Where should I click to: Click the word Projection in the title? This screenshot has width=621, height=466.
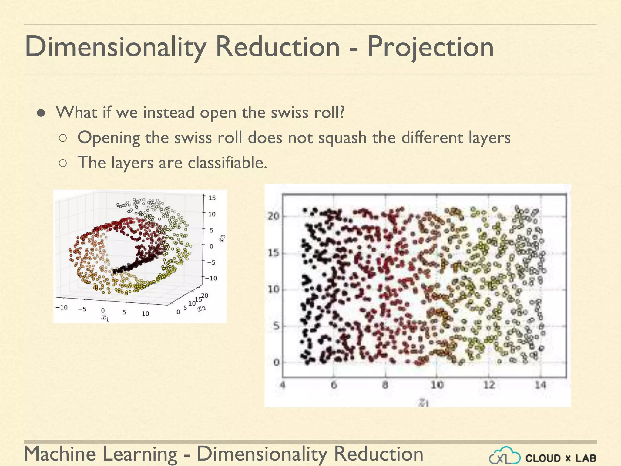[431, 47]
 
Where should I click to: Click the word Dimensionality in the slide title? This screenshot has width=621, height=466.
[115, 47]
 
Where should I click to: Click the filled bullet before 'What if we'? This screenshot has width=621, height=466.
[41, 113]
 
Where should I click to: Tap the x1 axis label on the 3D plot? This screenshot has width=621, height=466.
[105, 318]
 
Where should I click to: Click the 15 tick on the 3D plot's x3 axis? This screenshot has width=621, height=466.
[212, 198]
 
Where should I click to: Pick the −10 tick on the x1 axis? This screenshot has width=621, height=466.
[62, 307]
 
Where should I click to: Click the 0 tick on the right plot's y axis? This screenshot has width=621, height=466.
[276, 363]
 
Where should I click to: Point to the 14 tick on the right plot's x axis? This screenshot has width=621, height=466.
[540, 385]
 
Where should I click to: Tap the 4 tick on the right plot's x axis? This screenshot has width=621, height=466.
[283, 385]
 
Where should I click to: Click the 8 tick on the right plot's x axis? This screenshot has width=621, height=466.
[385, 385]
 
